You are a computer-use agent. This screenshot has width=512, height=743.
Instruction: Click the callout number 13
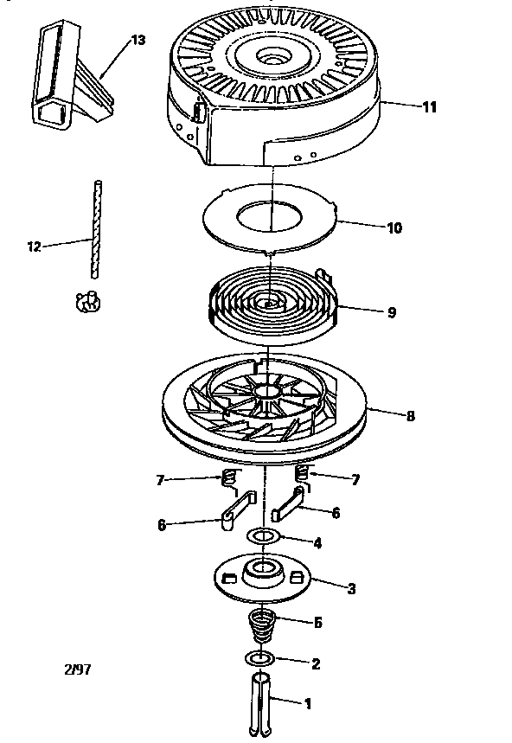pos(139,40)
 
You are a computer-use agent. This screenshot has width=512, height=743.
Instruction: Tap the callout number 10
pos(394,228)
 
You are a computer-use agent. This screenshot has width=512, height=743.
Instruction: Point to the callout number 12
pos(34,247)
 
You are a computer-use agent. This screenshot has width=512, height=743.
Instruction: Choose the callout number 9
pos(391,312)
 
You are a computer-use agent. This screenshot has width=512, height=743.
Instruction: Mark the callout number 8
pos(410,415)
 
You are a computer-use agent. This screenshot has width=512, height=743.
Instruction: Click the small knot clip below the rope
pos(86,301)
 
